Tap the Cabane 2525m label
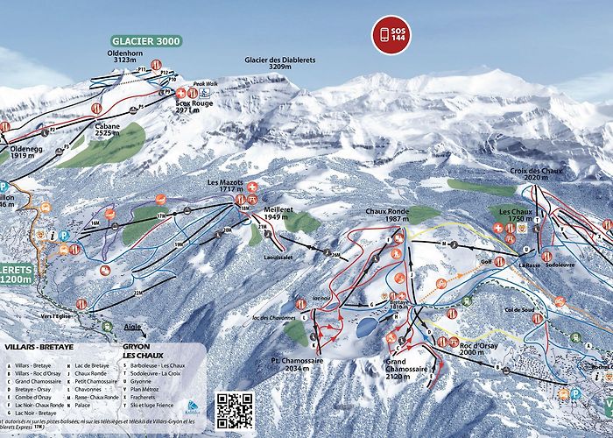pyautogui.click(x=107, y=131)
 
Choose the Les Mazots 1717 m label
pyautogui.click(x=224, y=187)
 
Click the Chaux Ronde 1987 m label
pyautogui.click(x=387, y=216)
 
